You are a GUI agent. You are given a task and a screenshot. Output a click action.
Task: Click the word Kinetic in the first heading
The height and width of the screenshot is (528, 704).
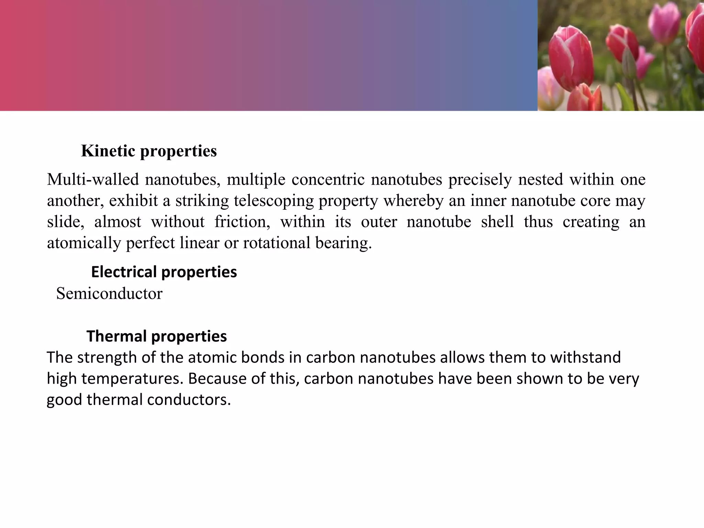click(108, 151)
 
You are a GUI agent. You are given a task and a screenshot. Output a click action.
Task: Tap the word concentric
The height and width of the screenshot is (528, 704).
click(328, 179)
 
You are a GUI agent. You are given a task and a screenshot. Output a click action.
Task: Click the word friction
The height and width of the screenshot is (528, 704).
click(242, 222)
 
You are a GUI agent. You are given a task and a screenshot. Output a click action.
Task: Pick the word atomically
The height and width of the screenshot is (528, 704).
click(84, 243)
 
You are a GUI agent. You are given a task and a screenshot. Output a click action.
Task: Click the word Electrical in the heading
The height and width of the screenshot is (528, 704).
click(124, 272)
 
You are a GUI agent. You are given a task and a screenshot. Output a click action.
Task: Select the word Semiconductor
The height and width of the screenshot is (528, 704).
click(109, 294)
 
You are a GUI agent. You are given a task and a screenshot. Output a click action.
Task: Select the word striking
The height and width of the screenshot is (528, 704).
click(202, 201)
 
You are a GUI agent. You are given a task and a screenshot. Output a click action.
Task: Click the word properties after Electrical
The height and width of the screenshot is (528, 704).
click(199, 272)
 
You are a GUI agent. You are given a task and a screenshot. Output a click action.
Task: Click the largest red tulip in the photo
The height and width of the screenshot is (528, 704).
click(571, 58)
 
